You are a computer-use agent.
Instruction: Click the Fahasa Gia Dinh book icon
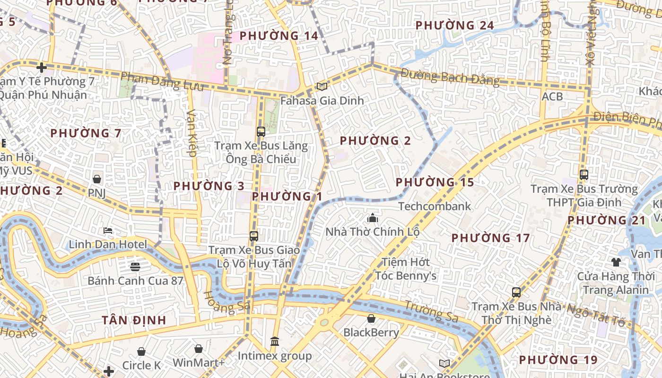322,86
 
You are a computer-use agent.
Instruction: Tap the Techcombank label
435,206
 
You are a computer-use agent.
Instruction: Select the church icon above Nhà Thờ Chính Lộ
373,218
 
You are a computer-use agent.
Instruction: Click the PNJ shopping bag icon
97,179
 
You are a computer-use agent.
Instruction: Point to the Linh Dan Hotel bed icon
108,231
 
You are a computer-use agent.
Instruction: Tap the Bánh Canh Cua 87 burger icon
135,266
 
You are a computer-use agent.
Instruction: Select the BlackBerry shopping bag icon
371,318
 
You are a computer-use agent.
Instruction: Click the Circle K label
141,365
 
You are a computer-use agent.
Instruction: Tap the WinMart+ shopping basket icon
199,349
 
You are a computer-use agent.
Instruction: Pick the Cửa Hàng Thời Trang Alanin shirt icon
616,262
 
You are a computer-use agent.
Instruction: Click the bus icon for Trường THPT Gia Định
584,174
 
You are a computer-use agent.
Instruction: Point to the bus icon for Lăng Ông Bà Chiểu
261,132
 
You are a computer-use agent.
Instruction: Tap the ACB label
552,96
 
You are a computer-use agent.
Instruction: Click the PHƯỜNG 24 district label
454,26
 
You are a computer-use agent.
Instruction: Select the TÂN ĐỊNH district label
134,320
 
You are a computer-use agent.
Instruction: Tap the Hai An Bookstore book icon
444,363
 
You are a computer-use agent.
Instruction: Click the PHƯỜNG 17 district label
490,238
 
